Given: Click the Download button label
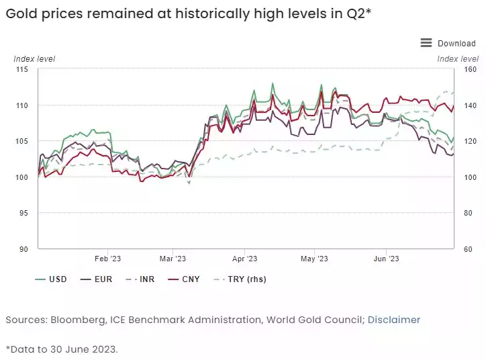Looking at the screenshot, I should click(456, 43).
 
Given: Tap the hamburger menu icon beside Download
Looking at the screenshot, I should click(426, 43).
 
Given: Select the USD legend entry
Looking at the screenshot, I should click(58, 279).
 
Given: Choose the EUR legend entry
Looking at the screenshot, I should click(103, 279).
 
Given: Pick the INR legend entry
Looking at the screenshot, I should click(146, 279).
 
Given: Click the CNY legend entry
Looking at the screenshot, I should click(190, 279).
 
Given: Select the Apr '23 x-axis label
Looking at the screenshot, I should click(245, 259).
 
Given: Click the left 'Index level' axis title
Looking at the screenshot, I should click(34, 59).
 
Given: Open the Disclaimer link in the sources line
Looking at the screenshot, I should click(393, 320).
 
